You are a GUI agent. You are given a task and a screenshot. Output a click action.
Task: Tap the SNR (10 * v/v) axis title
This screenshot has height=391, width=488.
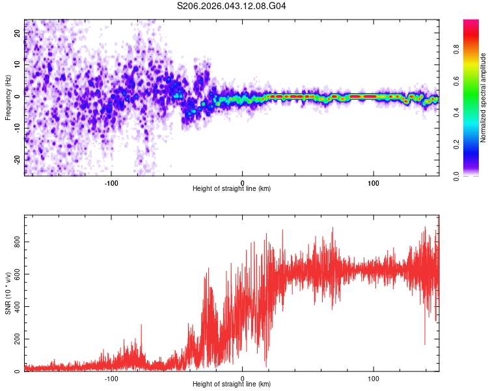click(8, 294)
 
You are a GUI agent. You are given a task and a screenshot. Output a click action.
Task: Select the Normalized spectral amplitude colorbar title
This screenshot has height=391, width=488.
click(483, 98)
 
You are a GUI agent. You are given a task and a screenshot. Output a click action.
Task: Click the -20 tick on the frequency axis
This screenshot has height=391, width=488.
click(18, 159)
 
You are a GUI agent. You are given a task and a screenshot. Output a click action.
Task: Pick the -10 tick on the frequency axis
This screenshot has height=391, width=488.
click(18, 127)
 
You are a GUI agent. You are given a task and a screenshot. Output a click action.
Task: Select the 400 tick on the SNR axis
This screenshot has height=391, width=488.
click(18, 306)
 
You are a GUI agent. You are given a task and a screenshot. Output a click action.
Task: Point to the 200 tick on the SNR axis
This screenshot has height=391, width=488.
click(18, 339)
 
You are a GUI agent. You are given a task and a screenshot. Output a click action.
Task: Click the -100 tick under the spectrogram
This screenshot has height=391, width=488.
click(111, 182)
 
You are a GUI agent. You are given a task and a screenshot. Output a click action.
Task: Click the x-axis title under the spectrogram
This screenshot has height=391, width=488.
click(232, 189)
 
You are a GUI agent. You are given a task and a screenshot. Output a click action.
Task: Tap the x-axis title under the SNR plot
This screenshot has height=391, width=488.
click(232, 384)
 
